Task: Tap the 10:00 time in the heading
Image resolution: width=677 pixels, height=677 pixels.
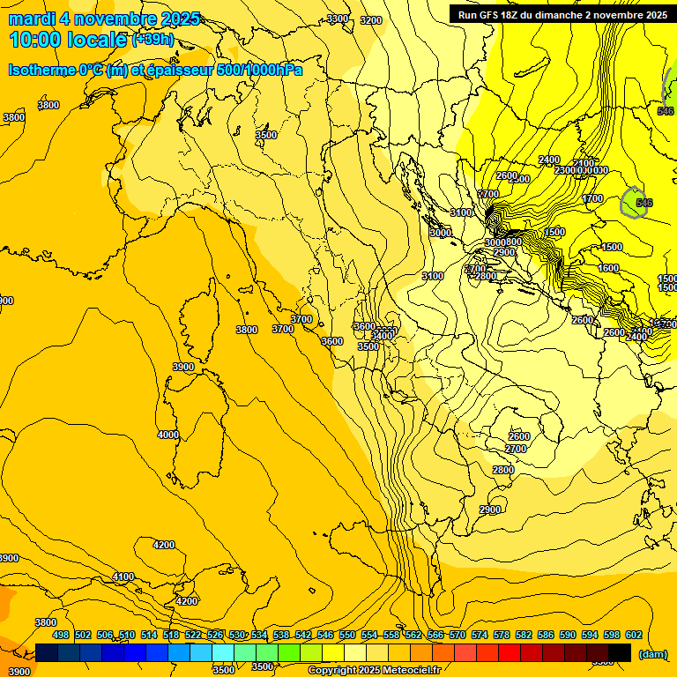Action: (x=35, y=40)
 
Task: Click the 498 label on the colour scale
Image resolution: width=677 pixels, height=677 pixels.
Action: (x=61, y=635)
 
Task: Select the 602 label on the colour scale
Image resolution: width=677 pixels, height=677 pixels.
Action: (x=634, y=635)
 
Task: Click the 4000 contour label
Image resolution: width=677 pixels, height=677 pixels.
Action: (x=167, y=435)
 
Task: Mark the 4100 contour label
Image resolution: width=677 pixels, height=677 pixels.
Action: (x=123, y=577)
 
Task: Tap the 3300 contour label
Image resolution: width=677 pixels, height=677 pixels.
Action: (x=337, y=19)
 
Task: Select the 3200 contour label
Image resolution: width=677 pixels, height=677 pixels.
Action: (x=371, y=20)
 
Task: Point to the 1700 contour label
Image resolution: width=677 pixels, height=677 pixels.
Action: (x=592, y=199)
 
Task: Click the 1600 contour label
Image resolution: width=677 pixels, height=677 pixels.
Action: (x=608, y=269)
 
